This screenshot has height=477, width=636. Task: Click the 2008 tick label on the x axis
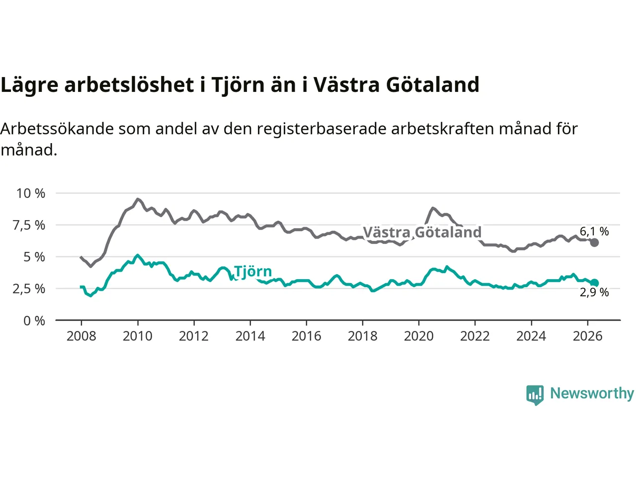pyautogui.click(x=81, y=336)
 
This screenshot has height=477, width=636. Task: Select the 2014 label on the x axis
pyautogui.click(x=250, y=336)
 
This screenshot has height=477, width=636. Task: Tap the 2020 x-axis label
pyautogui.click(x=419, y=336)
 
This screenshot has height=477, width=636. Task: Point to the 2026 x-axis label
pyautogui.click(x=588, y=336)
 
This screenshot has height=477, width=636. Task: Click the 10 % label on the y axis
pyautogui.click(x=31, y=193)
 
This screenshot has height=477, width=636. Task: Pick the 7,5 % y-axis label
pyautogui.click(x=29, y=225)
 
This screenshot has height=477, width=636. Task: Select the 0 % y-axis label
pyautogui.click(x=34, y=321)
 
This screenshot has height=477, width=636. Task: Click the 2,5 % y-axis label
pyautogui.click(x=29, y=289)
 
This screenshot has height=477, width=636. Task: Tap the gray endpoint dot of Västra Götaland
pyautogui.click(x=594, y=242)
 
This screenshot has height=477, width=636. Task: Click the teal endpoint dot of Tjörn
pyautogui.click(x=594, y=283)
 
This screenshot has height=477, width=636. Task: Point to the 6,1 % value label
pyautogui.click(x=594, y=232)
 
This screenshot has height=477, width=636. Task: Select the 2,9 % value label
pyautogui.click(x=594, y=293)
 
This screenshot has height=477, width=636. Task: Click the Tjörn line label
pyautogui.click(x=253, y=272)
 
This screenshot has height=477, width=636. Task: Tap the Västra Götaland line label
pyautogui.click(x=422, y=232)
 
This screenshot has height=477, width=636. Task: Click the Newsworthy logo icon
pyautogui.click(x=535, y=395)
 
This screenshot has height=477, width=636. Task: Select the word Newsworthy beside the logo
pyautogui.click(x=592, y=394)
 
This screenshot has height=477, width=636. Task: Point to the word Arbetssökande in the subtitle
pyautogui.click(x=57, y=129)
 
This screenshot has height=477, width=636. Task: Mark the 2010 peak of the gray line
pyautogui.click(x=138, y=199)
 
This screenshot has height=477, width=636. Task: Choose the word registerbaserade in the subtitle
pyautogui.click(x=321, y=129)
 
